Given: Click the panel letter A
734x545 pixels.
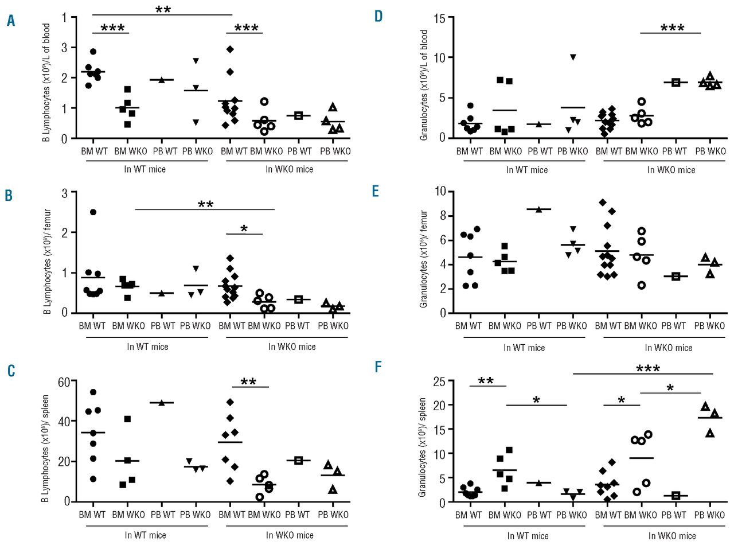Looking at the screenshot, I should coord(11,21).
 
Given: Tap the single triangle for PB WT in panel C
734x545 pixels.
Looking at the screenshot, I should coord(161,403).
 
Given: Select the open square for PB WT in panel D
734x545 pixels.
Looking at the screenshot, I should coord(675,83).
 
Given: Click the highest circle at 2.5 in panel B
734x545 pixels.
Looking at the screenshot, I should coord(93,212).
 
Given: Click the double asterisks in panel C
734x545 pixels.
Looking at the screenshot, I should coord(248,383).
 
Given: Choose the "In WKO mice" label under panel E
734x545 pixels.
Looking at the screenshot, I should coord(669,348).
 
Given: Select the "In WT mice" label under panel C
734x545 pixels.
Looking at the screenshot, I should coord(147,535).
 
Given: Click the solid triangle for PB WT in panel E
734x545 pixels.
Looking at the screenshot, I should coord(538,209).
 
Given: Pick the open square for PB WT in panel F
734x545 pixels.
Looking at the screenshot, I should coord(676,495).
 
